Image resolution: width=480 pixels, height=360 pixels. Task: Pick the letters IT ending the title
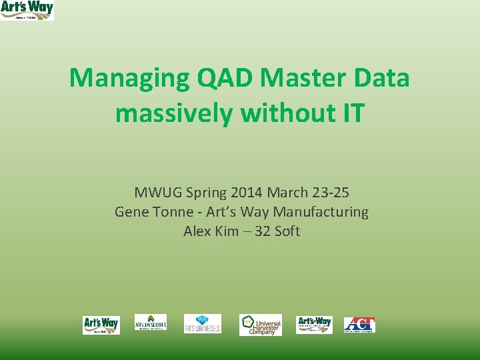tap(353, 113)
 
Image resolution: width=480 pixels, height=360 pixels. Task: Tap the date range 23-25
tap(329, 193)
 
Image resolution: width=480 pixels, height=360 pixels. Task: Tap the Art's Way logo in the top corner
tap(27, 10)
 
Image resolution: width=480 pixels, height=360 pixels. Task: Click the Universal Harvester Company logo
tap(261, 325)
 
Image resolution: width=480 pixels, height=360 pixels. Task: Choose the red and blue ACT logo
tap(359, 325)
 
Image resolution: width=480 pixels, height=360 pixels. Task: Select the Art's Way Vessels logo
tap(203, 324)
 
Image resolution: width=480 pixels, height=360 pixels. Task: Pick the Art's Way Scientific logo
tap(151, 323)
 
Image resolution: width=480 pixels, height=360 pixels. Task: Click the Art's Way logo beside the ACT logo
tap(314, 324)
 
